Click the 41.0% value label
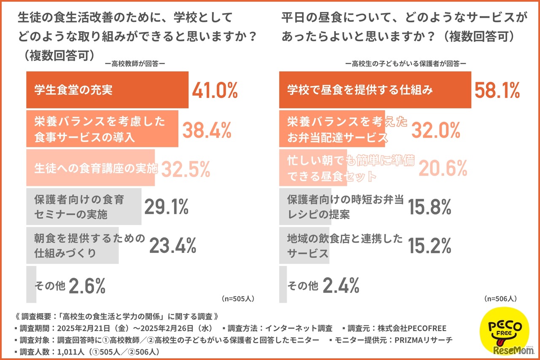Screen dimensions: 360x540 click(215, 90)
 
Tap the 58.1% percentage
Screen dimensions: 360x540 click(497, 90)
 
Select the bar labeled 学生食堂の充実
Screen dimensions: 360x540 click(107, 90)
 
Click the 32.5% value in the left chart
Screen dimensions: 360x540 click(186, 169)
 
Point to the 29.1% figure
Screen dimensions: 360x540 click(166, 207)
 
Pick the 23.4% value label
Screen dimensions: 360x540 click(173, 246)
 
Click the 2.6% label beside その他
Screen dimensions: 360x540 click(86, 286)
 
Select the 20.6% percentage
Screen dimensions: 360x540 click(443, 169)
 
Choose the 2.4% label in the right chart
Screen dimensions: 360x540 click(341, 286)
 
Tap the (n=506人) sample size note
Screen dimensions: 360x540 click(500, 298)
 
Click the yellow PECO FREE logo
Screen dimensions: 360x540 click(505, 328)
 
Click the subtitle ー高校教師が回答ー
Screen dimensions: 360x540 click(135, 64)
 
